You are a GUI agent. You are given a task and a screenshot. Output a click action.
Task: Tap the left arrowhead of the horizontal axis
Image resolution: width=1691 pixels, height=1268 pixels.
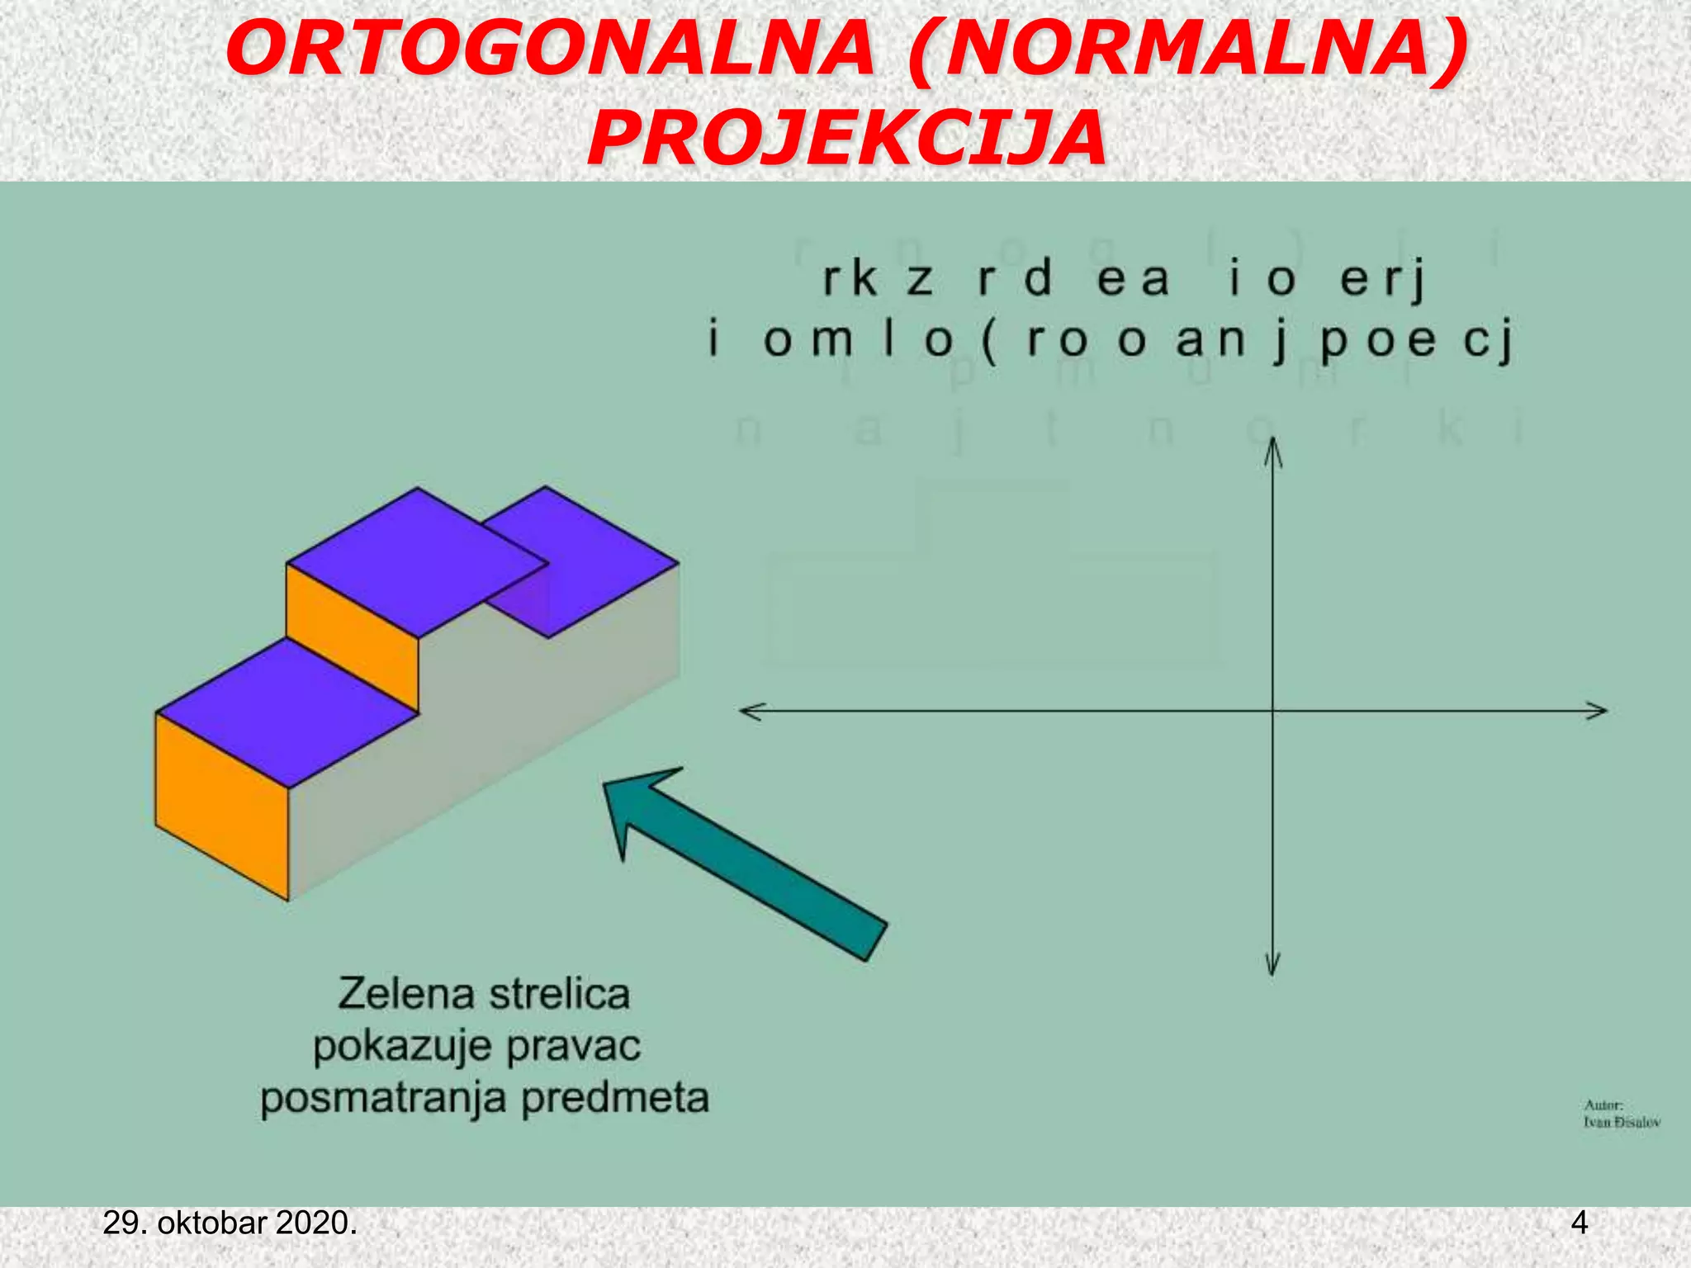click(751, 711)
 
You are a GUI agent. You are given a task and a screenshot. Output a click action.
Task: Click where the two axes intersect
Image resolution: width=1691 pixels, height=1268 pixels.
click(1273, 711)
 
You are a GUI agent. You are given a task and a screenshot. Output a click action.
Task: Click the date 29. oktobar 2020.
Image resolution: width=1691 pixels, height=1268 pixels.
click(230, 1223)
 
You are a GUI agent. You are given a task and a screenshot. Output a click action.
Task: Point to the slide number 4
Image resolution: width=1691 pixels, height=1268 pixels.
click(1579, 1223)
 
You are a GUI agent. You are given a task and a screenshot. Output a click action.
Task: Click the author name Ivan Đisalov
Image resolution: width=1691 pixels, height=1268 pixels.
click(1622, 1122)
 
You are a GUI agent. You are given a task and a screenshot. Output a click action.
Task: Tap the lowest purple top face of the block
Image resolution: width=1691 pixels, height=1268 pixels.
click(287, 712)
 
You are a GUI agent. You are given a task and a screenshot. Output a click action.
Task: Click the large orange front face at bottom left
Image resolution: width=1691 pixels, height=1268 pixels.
click(221, 805)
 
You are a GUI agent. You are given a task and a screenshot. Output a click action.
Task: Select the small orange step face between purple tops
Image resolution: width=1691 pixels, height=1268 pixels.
click(353, 636)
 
